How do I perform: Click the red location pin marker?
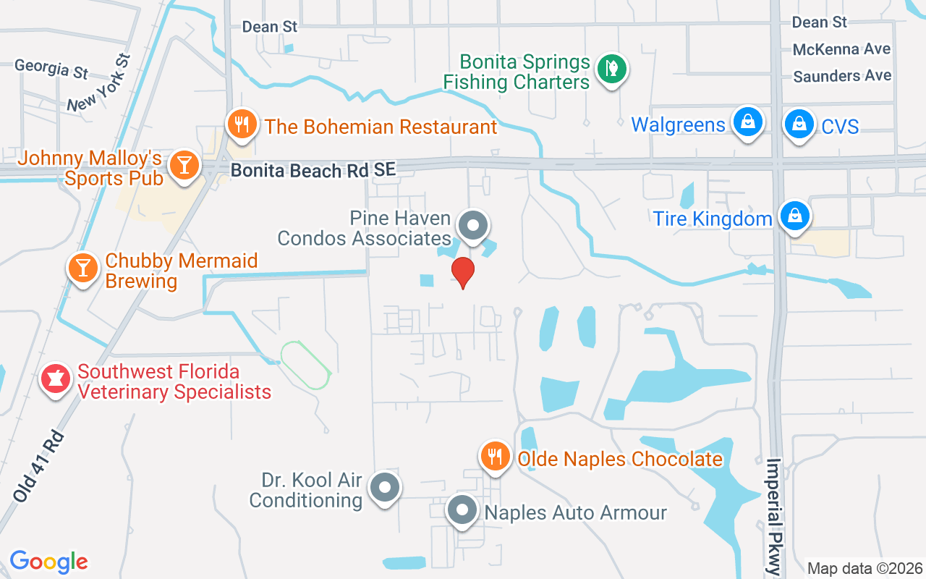463,273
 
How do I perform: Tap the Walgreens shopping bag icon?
747,122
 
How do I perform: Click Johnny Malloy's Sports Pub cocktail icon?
184,165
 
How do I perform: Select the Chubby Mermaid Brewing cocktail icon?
83,268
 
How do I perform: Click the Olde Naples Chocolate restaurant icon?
495,456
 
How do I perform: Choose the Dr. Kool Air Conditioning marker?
385,488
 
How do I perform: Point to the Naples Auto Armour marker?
462,511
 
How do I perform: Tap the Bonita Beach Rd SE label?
314,170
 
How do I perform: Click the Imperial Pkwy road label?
774,516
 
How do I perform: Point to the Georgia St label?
51,69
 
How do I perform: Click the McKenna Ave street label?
841,49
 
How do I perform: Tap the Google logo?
48,561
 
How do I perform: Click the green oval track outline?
305,365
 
